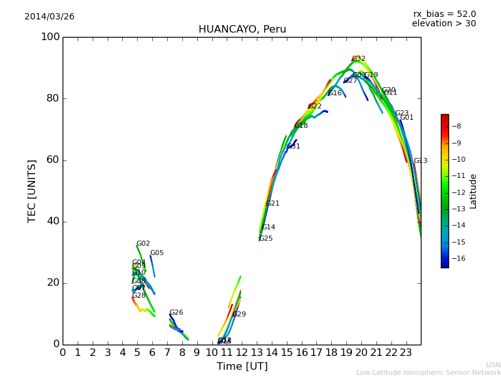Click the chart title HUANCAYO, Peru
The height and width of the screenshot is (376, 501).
coord(242,29)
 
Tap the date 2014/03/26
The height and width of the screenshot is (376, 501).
coord(49,17)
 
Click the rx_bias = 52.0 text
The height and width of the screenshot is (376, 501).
coord(444,14)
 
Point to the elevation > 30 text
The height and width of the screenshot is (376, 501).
coord(443,24)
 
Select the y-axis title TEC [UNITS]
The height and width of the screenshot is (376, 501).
coord(32,191)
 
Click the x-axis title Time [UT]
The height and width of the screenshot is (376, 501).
coord(242,367)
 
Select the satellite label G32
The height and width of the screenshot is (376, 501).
coord(358,59)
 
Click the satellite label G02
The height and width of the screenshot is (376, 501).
coord(143,244)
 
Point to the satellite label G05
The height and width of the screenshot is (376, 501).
coord(157,253)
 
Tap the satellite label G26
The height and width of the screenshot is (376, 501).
coord(177,313)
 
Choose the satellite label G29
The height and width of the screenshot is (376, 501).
coord(239,315)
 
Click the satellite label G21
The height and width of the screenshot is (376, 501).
coord(273,204)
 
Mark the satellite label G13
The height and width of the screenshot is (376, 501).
coord(421,161)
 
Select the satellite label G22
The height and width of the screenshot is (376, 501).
coord(315,107)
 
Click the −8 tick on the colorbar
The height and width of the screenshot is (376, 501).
coord(456,127)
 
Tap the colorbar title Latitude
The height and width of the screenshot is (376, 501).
coord(473,191)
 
